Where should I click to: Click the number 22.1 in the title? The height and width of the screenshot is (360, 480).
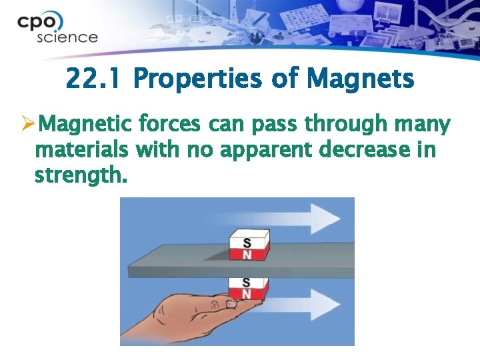click(x=94, y=80)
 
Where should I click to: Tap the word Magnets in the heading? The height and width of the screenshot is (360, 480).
click(x=361, y=80)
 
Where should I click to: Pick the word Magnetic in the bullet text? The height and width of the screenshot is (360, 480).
click(x=87, y=125)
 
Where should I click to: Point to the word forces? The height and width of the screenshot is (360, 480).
click(x=172, y=125)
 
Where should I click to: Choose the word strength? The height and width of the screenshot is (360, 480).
click(x=79, y=177)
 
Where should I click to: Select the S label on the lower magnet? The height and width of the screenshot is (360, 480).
click(x=247, y=283)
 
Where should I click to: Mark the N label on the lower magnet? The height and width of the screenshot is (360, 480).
click(x=247, y=294)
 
